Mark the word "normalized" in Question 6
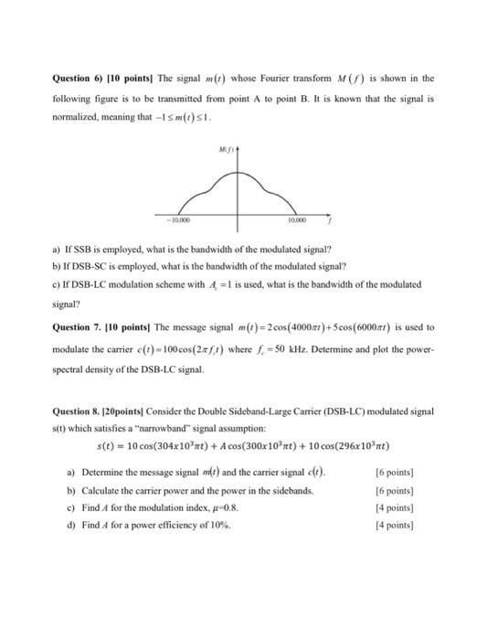[74, 117]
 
